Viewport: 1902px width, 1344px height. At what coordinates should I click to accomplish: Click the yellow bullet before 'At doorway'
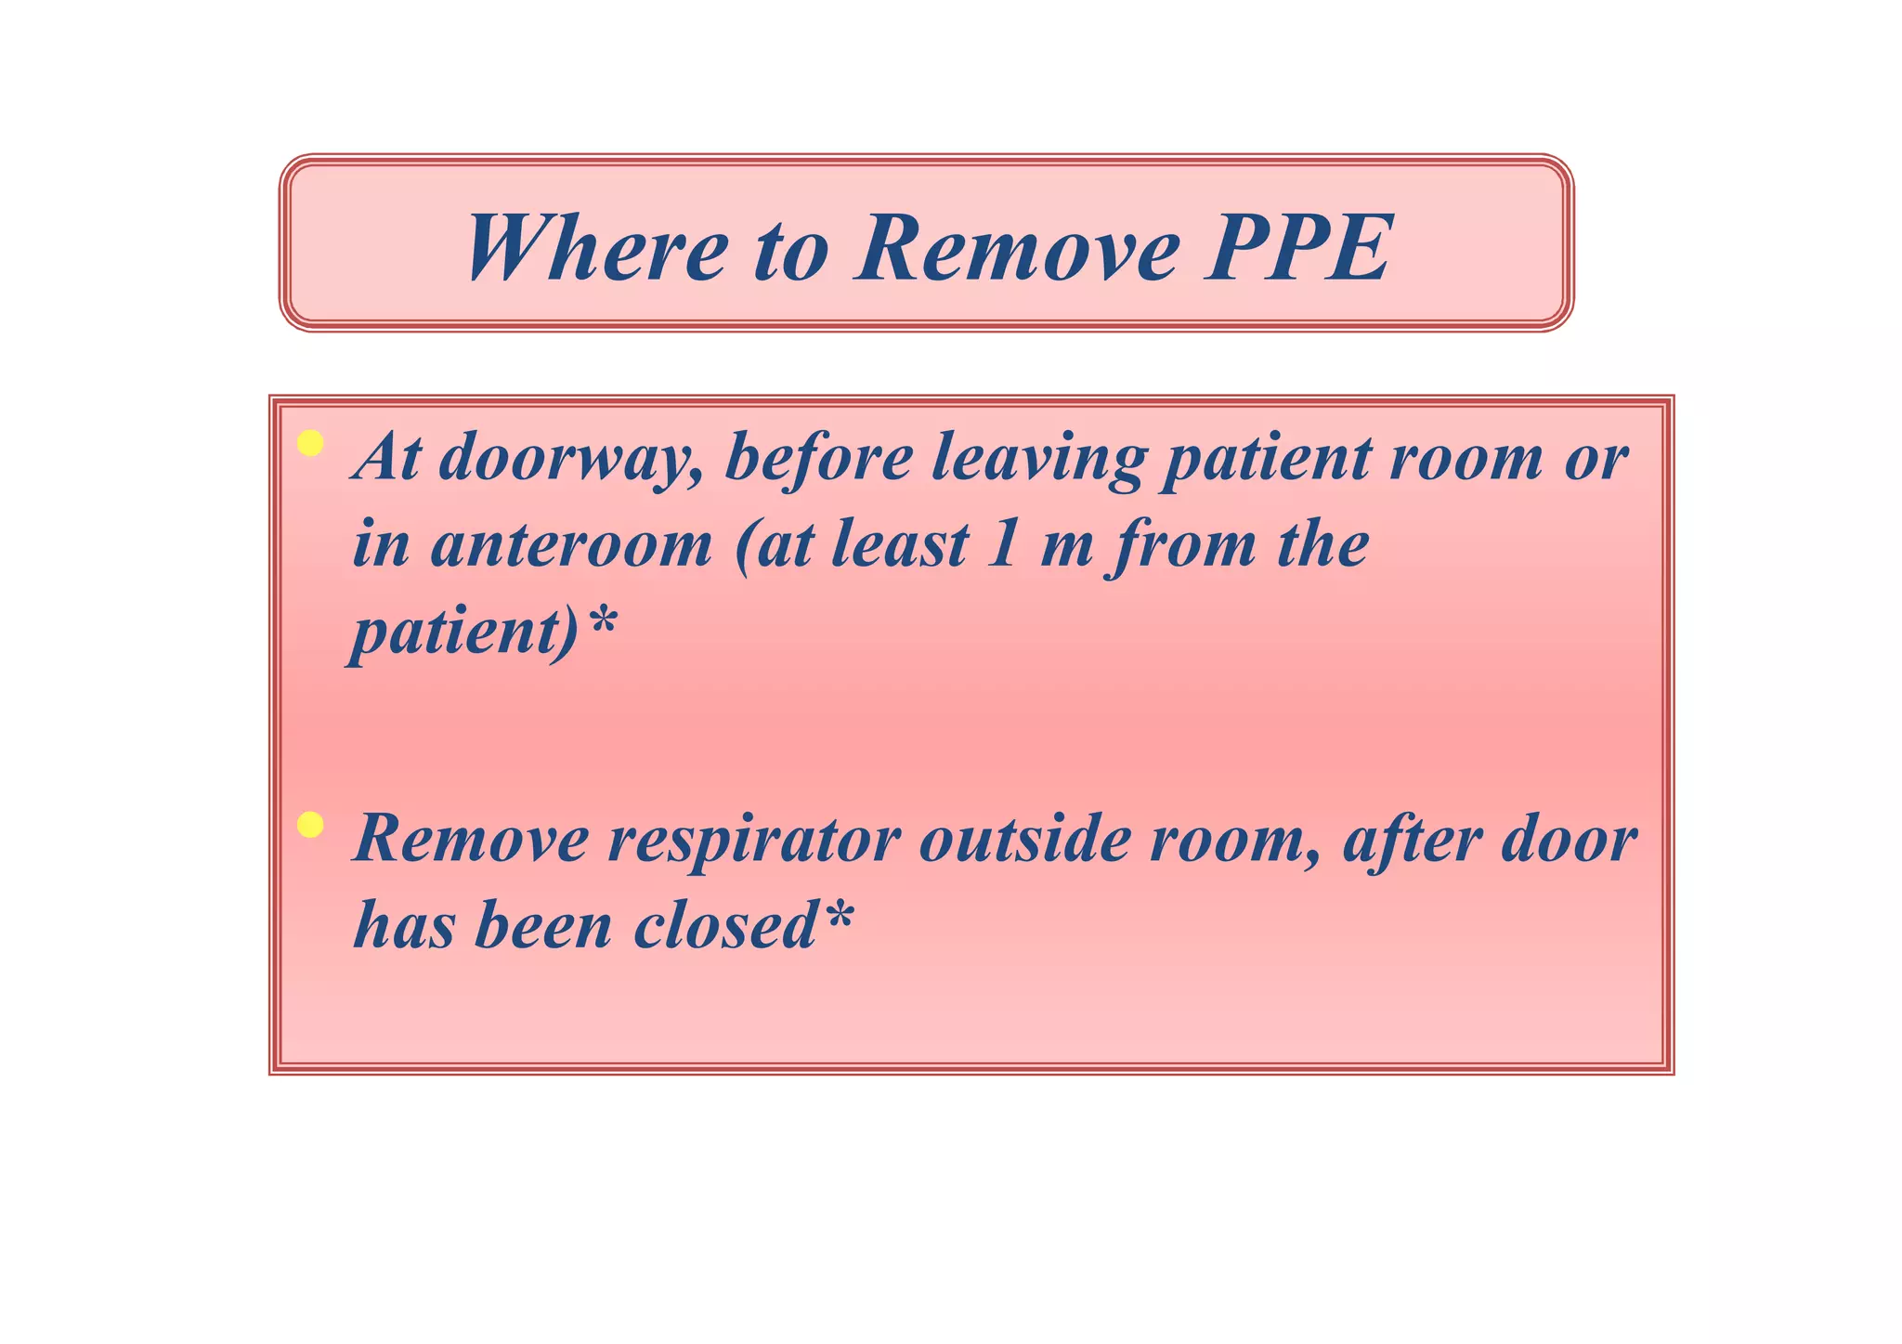pos(310,444)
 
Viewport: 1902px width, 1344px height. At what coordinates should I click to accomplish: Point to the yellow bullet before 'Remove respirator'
pos(310,825)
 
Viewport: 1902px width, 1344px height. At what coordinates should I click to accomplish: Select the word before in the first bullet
pos(818,459)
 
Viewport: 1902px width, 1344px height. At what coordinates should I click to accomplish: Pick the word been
pos(542,926)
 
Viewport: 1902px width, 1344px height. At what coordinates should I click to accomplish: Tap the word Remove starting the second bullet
pos(471,840)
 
